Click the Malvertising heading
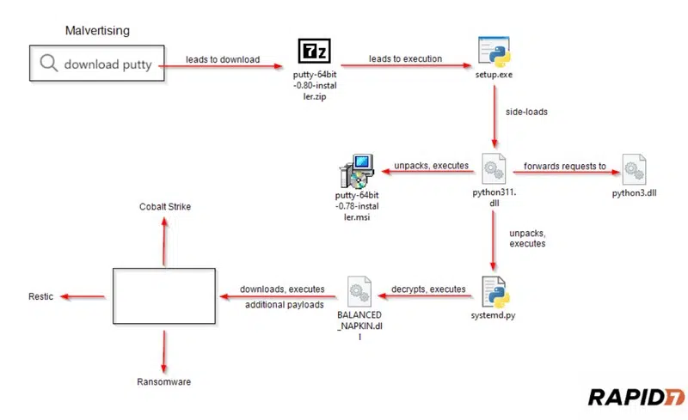(x=97, y=31)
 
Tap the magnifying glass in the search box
(x=49, y=64)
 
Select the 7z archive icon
(x=312, y=52)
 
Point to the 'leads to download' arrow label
(x=222, y=58)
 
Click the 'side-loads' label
(x=526, y=113)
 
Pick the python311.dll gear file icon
(x=492, y=167)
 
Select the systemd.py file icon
(x=492, y=292)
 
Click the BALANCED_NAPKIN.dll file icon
(x=359, y=293)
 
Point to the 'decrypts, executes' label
(x=428, y=289)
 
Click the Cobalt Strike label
(x=165, y=207)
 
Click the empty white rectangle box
(x=163, y=295)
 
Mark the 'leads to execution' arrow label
(x=405, y=58)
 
